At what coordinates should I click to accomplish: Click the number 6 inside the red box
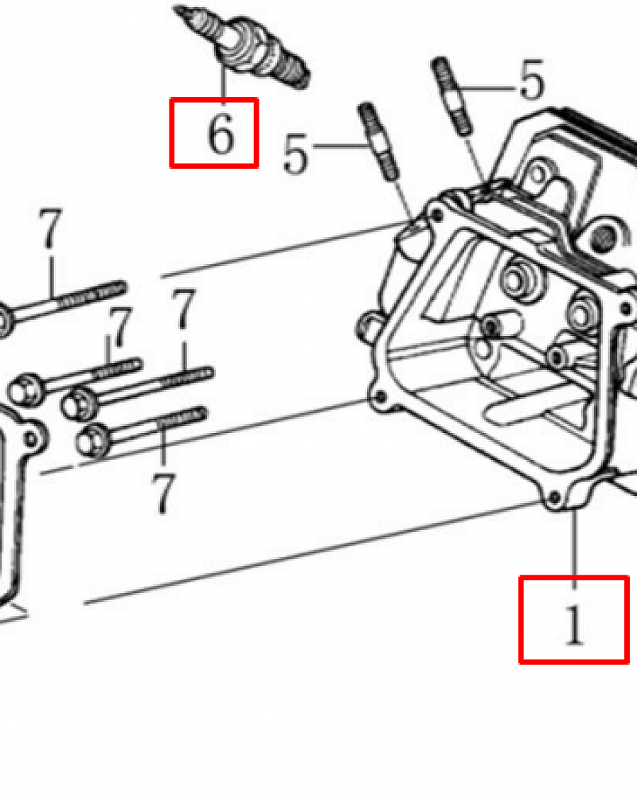click(221, 134)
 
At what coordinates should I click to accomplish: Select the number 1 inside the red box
click(575, 625)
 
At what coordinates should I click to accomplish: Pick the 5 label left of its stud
click(295, 154)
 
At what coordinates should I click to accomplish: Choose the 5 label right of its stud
click(531, 80)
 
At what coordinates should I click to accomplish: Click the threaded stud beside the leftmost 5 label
click(379, 141)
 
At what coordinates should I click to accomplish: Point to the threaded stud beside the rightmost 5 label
click(451, 96)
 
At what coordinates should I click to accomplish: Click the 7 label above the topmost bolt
click(50, 228)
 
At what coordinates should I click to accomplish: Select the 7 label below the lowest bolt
click(163, 494)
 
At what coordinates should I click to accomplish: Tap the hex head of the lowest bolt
click(92, 439)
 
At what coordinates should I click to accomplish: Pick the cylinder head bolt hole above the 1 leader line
click(556, 495)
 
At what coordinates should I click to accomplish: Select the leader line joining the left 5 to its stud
click(339, 146)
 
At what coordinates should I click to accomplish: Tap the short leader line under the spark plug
click(223, 83)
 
